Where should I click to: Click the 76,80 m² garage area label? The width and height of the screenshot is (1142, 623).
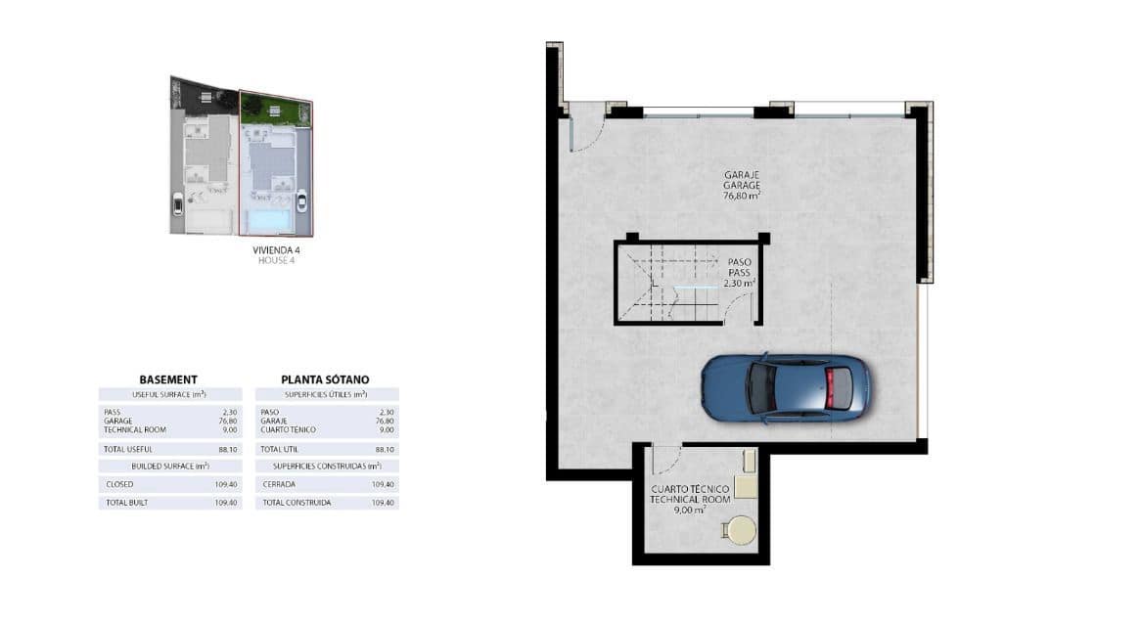[741, 196]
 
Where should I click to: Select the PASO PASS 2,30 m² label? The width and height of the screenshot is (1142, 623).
[740, 273]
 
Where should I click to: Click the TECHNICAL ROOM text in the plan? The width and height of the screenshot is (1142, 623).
[690, 499]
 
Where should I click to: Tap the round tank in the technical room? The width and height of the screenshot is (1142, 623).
[742, 531]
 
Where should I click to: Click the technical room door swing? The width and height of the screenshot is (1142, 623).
[666, 461]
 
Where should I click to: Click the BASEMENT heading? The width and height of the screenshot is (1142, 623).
[168, 379]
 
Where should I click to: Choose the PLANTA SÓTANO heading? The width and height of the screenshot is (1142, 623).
[325, 379]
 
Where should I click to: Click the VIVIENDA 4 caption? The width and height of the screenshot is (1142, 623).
[276, 250]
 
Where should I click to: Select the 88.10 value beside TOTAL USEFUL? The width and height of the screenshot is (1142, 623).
[228, 449]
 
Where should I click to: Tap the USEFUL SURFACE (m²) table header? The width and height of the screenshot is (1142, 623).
[168, 394]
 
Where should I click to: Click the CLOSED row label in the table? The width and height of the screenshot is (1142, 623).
[120, 484]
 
